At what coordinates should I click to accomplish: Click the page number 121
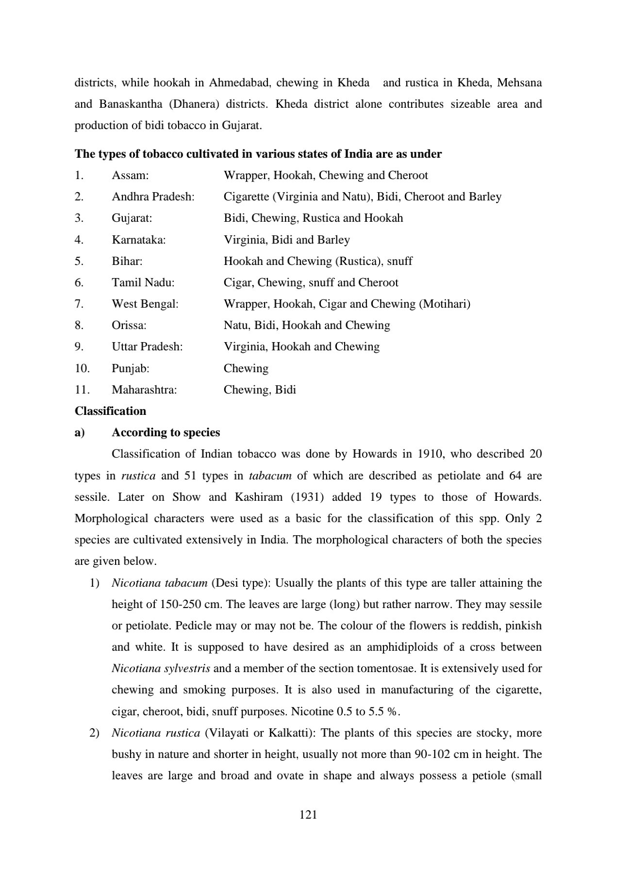tap(308, 815)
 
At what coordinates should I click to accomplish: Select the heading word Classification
tap(110, 411)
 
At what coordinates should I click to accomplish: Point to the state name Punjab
tap(130, 368)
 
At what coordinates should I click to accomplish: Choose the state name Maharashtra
tap(144, 390)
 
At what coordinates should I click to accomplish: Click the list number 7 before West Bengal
tap(79, 304)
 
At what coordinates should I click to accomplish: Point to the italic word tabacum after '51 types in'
tap(270, 476)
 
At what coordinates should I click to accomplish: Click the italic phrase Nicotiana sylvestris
tap(161, 668)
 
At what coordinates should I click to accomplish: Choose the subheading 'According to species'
tap(166, 432)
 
